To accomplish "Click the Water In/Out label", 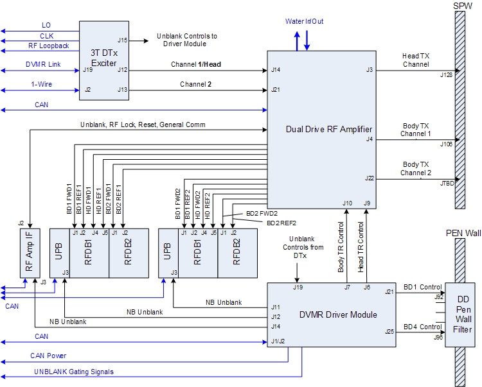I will coord(305,22).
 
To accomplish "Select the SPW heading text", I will coord(462,6).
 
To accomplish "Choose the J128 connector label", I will coord(446,76).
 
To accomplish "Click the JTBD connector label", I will coord(446,184).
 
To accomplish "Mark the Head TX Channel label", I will coord(416,60).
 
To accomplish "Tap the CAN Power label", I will coord(48,355).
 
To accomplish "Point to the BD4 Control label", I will coord(422,328).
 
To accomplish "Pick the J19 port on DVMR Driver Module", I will coord(298,287).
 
